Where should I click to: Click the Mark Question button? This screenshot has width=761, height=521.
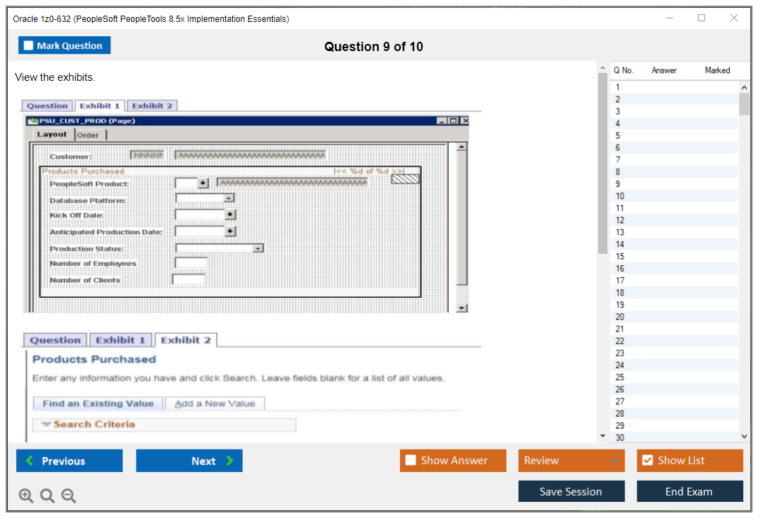(x=64, y=45)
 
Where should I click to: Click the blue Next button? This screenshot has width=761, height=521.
(x=189, y=461)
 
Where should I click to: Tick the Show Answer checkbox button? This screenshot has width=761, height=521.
(x=453, y=461)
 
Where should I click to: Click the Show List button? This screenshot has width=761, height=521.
(x=690, y=461)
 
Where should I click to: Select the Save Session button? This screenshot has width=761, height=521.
(x=571, y=491)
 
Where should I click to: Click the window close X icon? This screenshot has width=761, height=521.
(x=734, y=18)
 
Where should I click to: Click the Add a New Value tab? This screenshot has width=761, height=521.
(x=215, y=403)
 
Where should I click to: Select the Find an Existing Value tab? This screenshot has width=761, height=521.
(x=98, y=403)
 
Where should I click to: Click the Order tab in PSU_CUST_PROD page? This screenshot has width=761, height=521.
(x=88, y=135)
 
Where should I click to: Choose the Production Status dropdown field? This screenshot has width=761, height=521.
(x=219, y=248)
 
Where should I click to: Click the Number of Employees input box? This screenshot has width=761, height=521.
(x=191, y=263)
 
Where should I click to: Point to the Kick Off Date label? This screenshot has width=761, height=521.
(x=76, y=215)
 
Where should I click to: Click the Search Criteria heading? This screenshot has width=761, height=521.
(x=93, y=424)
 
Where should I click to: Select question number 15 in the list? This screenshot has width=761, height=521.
(x=620, y=257)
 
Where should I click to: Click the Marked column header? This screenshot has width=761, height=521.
(x=717, y=70)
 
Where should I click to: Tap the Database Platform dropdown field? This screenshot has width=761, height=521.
(x=205, y=199)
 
